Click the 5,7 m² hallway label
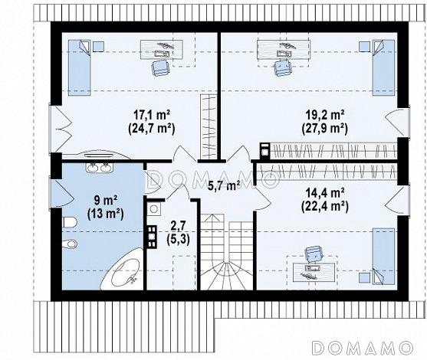tap(224, 186)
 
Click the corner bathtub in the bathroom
tap(122, 269)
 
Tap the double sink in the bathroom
tap(99, 168)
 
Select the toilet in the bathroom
tap(70, 222)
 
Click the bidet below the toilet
tap(70, 244)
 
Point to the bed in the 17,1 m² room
tap(79, 67)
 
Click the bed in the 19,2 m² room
tap(383, 67)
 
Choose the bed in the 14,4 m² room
tap(383, 257)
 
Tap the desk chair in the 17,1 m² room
tap(161, 67)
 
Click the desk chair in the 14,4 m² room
tap(314, 254)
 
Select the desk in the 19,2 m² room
tap(284, 49)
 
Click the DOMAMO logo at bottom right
tap(362, 347)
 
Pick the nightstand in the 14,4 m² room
tap(364, 278)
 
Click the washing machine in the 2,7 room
tap(154, 208)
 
